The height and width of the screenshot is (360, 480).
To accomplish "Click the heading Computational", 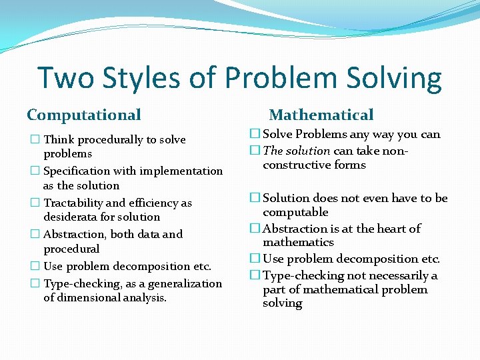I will click(x=84, y=115).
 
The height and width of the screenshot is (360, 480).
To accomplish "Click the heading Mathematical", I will click(x=321, y=115).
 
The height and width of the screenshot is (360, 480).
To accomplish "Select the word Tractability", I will click(x=73, y=203).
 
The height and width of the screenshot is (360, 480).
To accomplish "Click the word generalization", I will click(x=185, y=283).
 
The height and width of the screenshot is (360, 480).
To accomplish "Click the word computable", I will click(x=295, y=212).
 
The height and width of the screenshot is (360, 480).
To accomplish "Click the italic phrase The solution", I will click(x=296, y=151).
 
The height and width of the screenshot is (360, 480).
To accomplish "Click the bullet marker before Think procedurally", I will click(x=35, y=140).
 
